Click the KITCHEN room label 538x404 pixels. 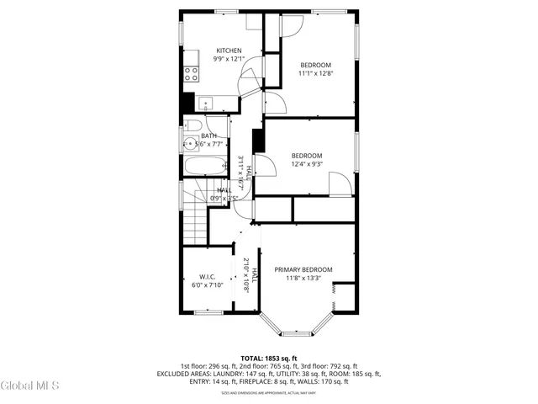(229, 50)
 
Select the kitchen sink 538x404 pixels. (207, 104)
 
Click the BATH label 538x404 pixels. (208, 136)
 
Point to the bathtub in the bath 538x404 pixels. (205, 166)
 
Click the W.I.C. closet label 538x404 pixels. (208, 277)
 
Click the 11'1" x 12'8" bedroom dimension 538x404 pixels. (315, 74)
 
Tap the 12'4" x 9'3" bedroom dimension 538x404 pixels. (307, 164)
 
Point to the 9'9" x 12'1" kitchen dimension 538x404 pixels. (229, 59)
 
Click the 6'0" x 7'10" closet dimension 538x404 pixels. (208, 285)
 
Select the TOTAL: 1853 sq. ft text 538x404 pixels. (269, 358)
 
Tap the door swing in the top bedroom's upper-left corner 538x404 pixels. (288, 25)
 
